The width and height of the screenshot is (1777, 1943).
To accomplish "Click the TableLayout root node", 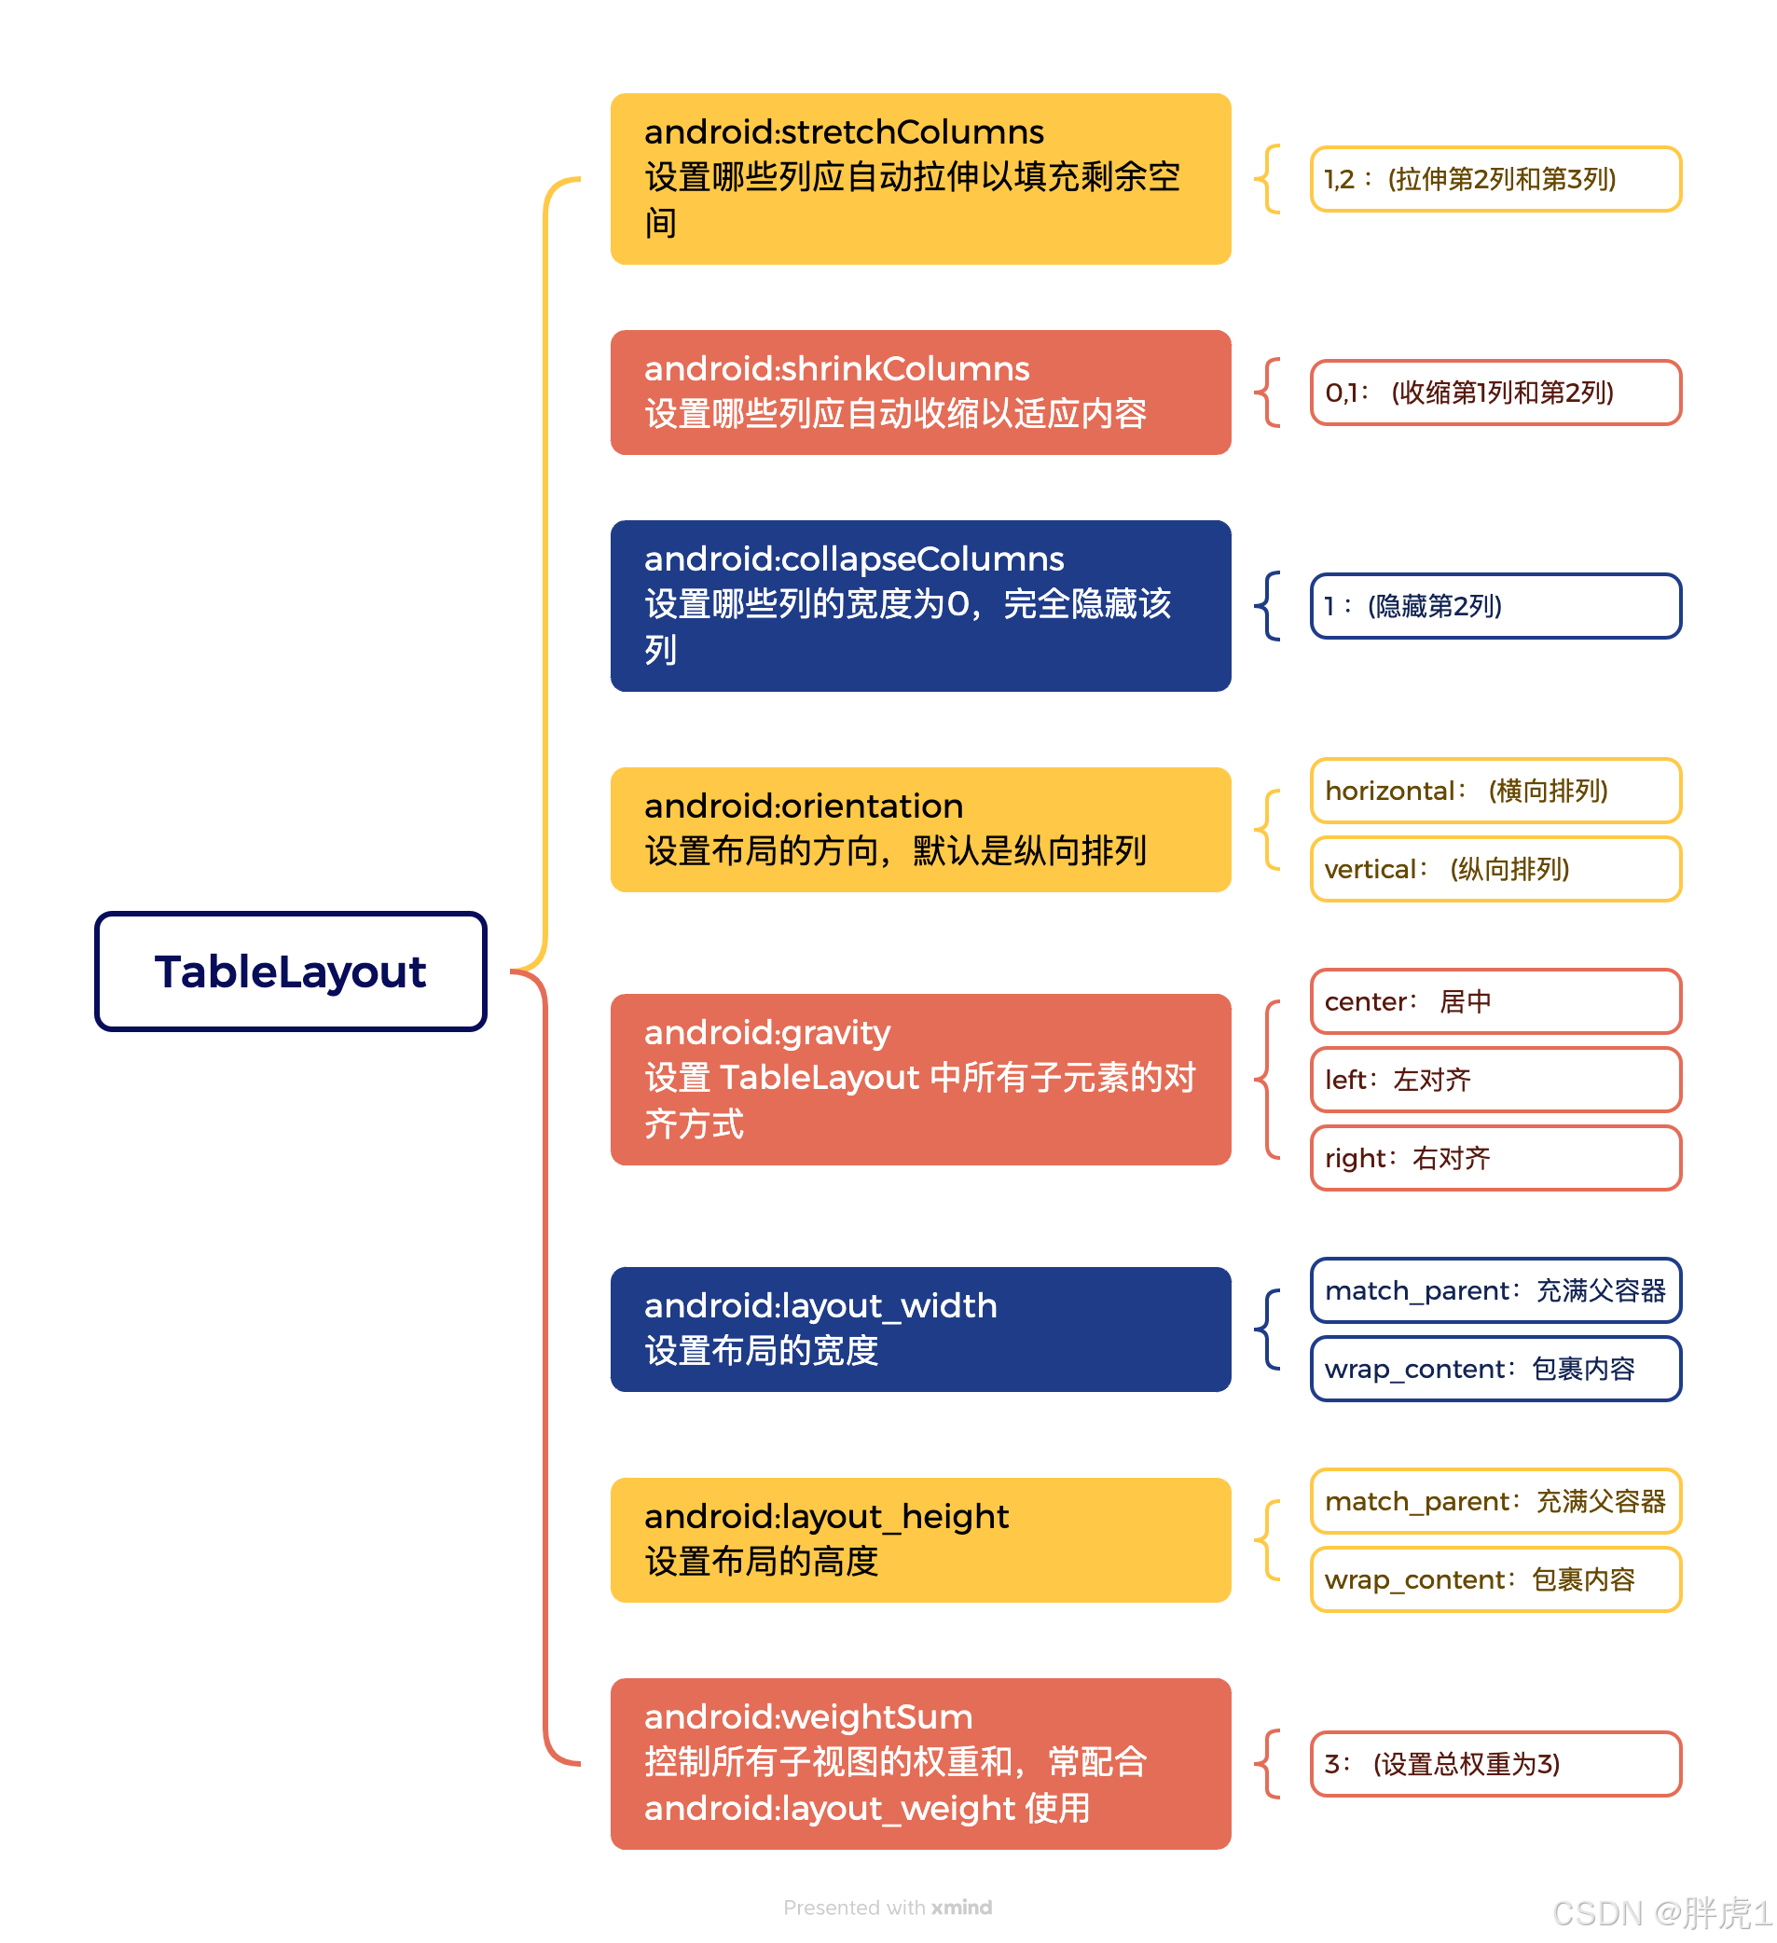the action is [290, 971].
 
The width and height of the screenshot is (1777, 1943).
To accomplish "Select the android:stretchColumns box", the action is [920, 179].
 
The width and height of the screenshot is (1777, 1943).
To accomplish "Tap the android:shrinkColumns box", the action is [920, 393].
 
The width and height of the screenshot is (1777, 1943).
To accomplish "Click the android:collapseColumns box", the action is [920, 606].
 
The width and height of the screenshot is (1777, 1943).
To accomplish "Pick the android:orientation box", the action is [920, 830].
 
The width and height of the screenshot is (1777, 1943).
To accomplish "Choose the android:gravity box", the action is [920, 1080].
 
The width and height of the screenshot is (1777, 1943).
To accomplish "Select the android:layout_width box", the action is [920, 1330].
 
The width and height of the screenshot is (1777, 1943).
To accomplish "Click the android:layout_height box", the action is [920, 1540].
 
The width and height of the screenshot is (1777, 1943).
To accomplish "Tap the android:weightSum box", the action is [920, 1764].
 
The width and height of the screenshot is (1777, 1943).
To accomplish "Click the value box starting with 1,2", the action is [1495, 179].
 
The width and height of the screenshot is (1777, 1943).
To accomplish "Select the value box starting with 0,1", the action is [1495, 393].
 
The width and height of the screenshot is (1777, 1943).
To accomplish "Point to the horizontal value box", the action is [1495, 792].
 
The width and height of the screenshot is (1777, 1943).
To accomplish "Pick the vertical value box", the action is [1495, 869].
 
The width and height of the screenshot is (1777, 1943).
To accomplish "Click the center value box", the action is [1495, 1001].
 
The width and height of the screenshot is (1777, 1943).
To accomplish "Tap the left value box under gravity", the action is [1495, 1080].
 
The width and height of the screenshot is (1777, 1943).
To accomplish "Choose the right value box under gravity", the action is [1495, 1159].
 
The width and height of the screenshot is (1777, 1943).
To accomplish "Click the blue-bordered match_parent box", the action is [1495, 1290].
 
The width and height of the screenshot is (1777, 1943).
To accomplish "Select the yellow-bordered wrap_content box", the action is [1495, 1579].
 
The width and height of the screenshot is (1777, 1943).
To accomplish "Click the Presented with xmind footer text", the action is [888, 1908].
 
